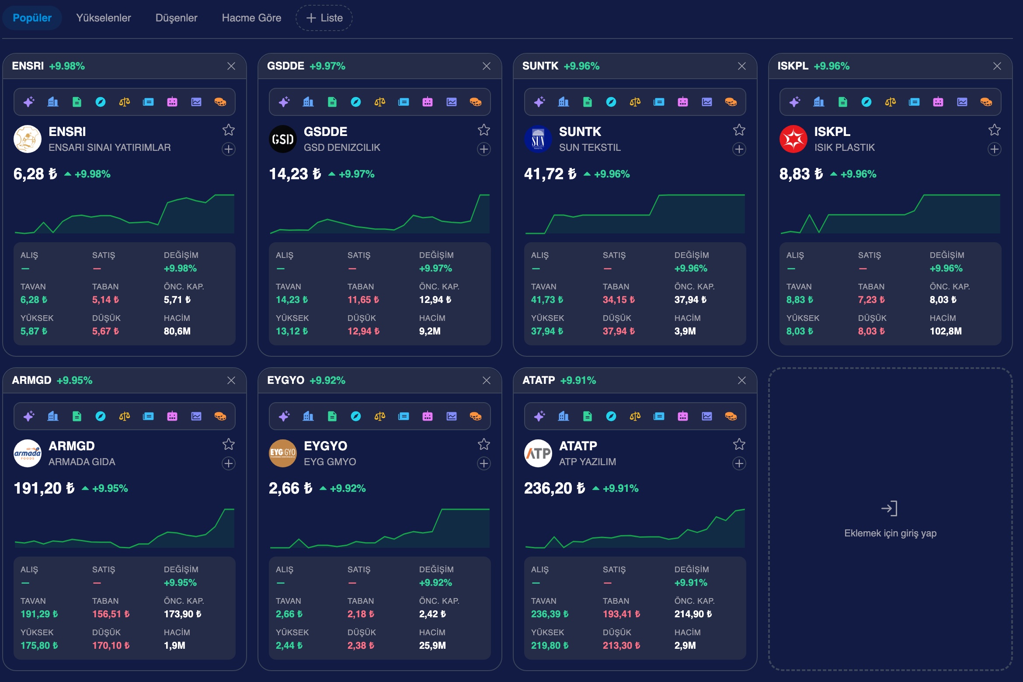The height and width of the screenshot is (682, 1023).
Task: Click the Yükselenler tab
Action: point(104,18)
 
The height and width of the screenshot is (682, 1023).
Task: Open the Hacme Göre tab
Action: point(251,18)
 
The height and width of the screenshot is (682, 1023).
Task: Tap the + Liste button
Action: point(324,18)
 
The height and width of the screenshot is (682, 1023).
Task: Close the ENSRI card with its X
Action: point(231,66)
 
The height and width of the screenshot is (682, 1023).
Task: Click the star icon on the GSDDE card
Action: point(484,130)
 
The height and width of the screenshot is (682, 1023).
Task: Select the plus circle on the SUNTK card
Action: point(739,149)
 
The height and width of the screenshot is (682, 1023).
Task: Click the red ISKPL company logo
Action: point(793,139)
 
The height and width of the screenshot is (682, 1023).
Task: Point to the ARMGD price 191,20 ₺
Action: point(44,488)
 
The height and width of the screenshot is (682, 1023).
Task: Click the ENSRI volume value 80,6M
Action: point(177,331)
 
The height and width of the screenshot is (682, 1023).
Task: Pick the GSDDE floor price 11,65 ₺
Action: point(363,300)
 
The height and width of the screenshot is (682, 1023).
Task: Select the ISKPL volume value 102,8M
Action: point(946,331)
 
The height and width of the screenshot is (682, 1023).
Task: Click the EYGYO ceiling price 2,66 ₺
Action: point(289,614)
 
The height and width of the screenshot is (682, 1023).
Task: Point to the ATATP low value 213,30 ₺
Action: point(621,646)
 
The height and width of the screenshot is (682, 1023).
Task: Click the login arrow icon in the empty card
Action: point(890,508)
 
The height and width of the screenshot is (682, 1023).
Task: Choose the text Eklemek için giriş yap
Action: point(890,533)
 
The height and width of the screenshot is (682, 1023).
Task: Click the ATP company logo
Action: point(538,453)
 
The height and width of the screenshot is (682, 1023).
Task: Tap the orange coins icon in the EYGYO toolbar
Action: point(476,416)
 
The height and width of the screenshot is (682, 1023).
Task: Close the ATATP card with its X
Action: point(742,380)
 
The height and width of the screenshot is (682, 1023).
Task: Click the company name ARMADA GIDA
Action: point(82,462)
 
